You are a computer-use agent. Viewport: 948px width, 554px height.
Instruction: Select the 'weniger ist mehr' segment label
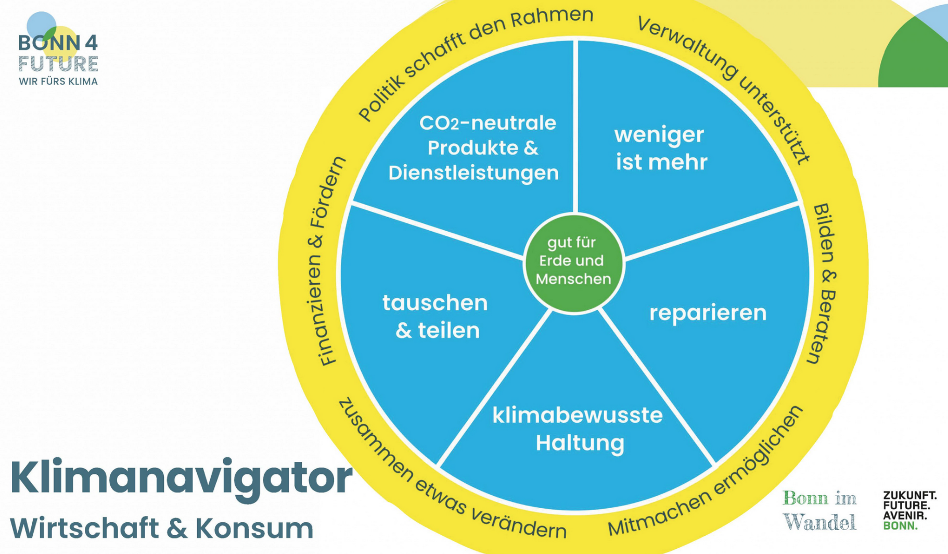pos(660,148)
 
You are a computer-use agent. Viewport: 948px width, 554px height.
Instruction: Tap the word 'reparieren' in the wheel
pos(708,313)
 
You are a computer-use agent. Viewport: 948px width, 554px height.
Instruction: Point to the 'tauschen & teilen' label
pos(435,316)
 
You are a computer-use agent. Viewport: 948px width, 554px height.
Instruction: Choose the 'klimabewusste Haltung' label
pos(578,429)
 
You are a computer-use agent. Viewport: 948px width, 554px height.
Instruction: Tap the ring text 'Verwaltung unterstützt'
pos(728,83)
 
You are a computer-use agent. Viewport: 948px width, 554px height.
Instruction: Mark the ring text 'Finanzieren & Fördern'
pos(325,260)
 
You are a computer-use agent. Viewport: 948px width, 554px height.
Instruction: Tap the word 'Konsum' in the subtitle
pos(254,528)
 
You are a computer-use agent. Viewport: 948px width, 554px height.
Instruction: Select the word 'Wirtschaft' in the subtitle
pos(83,528)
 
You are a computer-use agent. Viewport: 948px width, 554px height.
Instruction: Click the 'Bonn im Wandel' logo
pos(819,510)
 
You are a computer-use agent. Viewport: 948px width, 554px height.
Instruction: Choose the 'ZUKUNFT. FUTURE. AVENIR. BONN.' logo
pos(909,510)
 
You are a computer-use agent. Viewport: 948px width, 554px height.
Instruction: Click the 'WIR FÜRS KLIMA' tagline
pos(58,81)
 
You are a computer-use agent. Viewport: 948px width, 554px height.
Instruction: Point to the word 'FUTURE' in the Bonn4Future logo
pos(58,64)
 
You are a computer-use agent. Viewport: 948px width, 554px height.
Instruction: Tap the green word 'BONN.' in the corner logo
pos(900,526)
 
